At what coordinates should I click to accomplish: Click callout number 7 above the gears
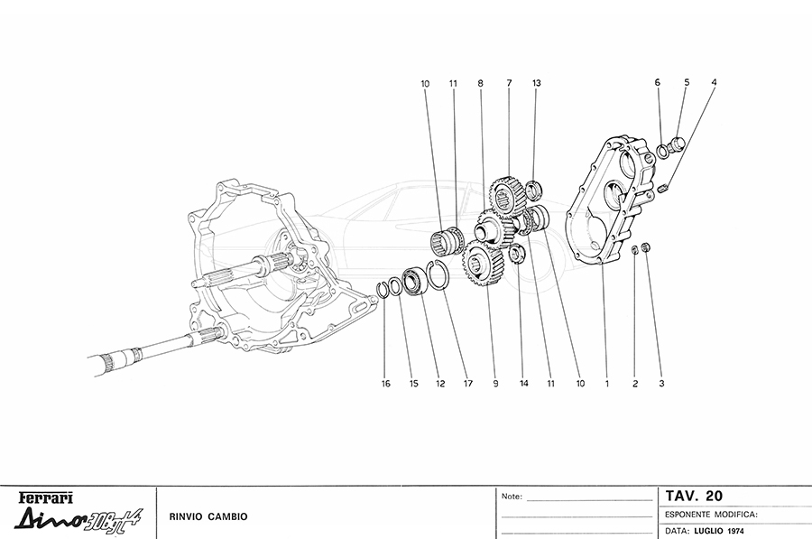point(509,83)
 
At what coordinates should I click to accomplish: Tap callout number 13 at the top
point(536,83)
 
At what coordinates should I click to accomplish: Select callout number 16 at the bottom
point(385,384)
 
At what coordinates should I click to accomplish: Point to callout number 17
point(467,384)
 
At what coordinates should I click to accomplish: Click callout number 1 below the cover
point(607,384)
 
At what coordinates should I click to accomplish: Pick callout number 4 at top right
point(714,83)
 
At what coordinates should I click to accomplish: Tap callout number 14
point(522,384)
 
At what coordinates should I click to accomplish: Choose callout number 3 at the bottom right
point(661,384)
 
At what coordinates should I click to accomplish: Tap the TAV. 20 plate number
point(694,496)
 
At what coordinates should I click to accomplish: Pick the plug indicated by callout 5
point(678,144)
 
